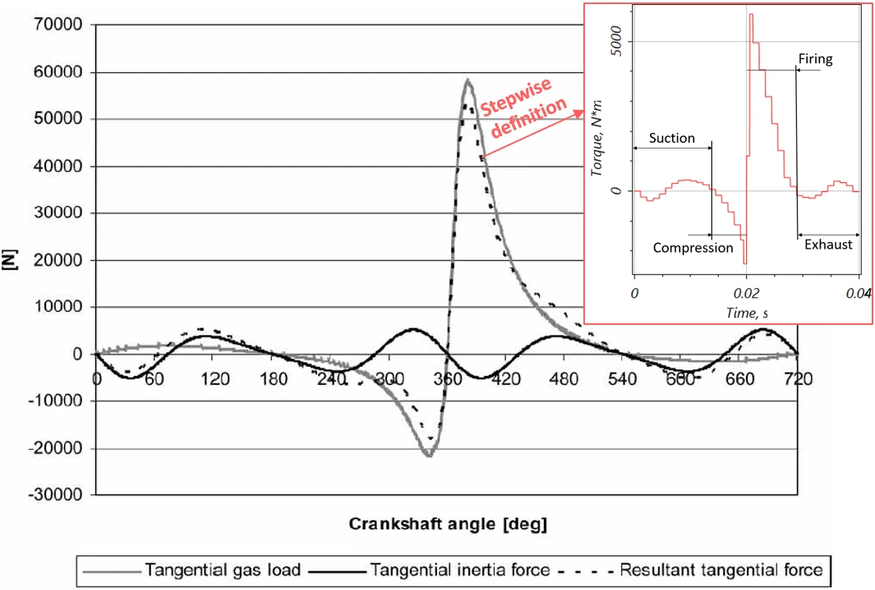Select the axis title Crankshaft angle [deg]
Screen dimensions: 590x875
[449, 524]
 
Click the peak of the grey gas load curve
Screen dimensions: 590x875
[467, 80]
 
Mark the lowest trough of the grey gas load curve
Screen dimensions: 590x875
[429, 455]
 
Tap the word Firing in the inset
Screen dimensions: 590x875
[816, 59]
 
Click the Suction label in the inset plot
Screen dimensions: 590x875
[671, 138]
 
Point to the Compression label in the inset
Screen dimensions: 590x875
[693, 247]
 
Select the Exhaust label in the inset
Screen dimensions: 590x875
[828, 245]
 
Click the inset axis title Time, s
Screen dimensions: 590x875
[745, 312]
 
